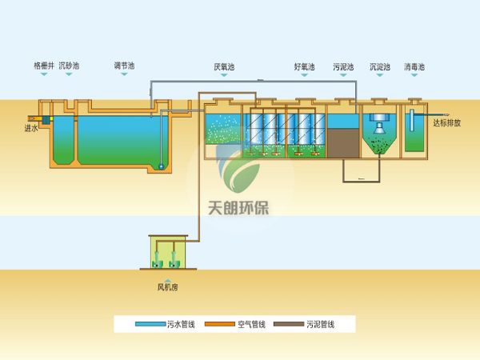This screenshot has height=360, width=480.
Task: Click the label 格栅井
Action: pos(43,66)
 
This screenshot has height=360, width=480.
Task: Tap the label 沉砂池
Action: pos(69,66)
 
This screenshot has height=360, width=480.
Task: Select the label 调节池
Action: pos(125,66)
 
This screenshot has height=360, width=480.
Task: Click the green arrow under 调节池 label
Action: pos(125,75)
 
